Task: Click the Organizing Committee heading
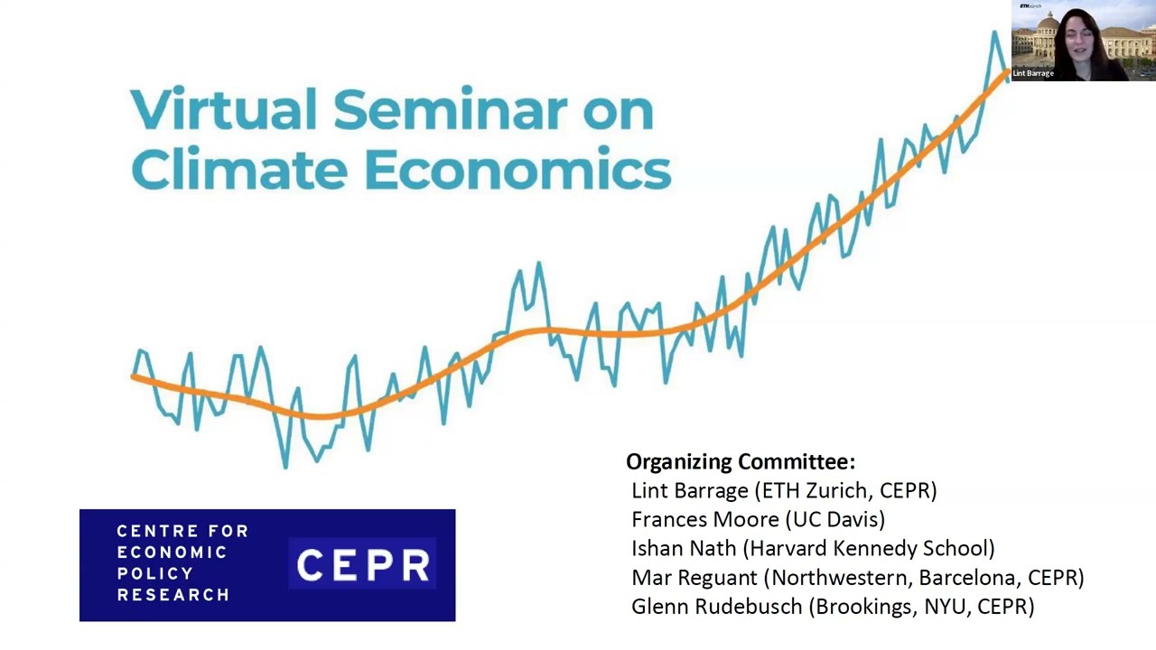coord(740,461)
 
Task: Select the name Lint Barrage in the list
coord(689,490)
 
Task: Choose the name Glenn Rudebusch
coord(717,606)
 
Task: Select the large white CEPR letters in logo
coord(363,566)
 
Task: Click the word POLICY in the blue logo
coord(155,573)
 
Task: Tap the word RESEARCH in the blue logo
coord(172,595)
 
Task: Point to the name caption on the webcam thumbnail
coord(1033,74)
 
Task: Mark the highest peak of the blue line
coord(995,32)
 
